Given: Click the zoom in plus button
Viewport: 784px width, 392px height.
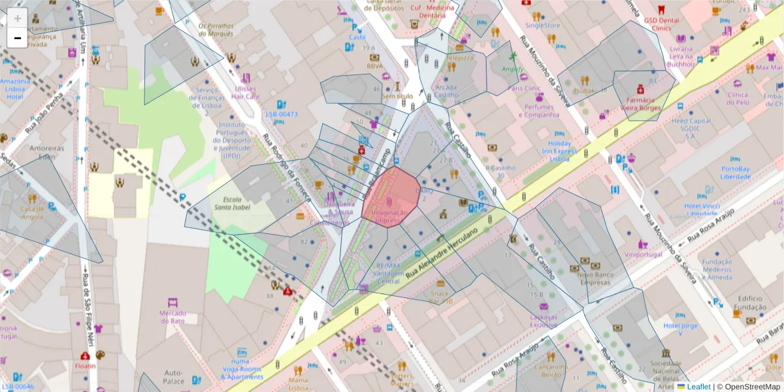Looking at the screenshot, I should click(18, 18).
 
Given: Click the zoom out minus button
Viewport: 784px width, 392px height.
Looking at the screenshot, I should click(18, 38).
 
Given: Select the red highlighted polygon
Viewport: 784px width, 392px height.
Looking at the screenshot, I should click(392, 196).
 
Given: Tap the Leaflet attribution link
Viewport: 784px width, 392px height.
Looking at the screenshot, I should click(698, 387).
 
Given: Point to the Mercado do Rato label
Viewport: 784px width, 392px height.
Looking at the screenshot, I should click(172, 317).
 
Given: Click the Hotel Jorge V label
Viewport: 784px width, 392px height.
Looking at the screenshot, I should click(680, 329).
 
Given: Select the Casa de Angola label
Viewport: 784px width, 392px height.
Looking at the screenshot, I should click(32, 212).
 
